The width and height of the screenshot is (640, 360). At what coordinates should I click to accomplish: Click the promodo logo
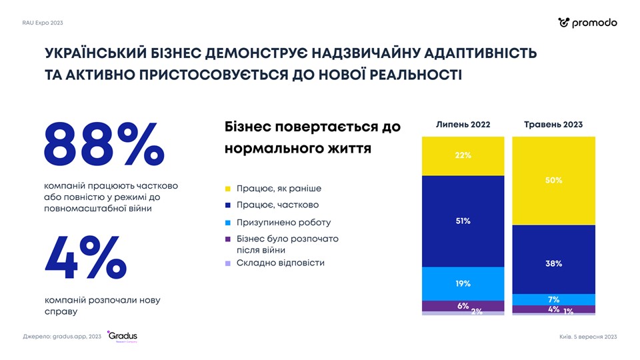(x=587, y=23)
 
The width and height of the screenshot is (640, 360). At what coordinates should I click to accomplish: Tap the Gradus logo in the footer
(x=123, y=336)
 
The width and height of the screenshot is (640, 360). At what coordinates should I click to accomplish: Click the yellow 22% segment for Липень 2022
(x=463, y=156)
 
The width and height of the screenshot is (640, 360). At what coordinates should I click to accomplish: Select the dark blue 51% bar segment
(x=463, y=221)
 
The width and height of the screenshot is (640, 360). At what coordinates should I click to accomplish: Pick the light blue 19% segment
(x=463, y=283)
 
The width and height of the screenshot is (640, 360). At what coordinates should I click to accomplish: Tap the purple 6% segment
(x=463, y=306)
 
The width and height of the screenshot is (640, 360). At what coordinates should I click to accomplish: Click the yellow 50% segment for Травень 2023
(x=553, y=181)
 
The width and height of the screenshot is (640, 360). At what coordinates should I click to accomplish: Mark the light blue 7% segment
(x=553, y=299)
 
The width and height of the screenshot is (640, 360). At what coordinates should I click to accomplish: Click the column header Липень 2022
(x=463, y=125)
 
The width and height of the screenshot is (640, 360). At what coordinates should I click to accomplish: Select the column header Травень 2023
(x=553, y=125)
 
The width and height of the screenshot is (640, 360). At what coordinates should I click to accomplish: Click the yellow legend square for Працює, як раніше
(x=228, y=189)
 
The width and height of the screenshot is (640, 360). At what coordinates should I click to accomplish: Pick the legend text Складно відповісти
(x=280, y=263)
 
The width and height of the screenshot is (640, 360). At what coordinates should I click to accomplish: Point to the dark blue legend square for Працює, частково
(x=228, y=205)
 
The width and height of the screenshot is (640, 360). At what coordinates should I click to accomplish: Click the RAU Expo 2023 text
(x=43, y=23)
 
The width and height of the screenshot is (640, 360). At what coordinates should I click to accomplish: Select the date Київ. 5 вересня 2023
(x=588, y=337)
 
